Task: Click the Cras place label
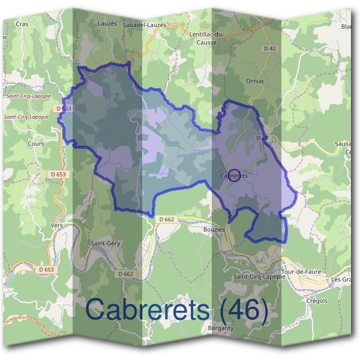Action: [x=22, y=24]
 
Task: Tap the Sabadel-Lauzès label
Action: [x=144, y=25]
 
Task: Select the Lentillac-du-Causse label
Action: [x=206, y=38]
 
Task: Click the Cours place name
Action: [x=36, y=144]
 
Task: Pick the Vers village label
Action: [x=57, y=225]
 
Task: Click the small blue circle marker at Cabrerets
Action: [x=234, y=175]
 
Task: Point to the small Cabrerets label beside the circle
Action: [x=235, y=176]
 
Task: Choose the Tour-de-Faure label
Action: [x=301, y=271]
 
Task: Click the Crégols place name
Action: [x=317, y=301]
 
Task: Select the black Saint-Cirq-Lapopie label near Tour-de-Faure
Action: [x=259, y=277]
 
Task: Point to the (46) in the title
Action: [x=243, y=310]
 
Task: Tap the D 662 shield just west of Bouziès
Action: [x=167, y=220]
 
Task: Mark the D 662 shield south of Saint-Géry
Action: [x=126, y=274]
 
